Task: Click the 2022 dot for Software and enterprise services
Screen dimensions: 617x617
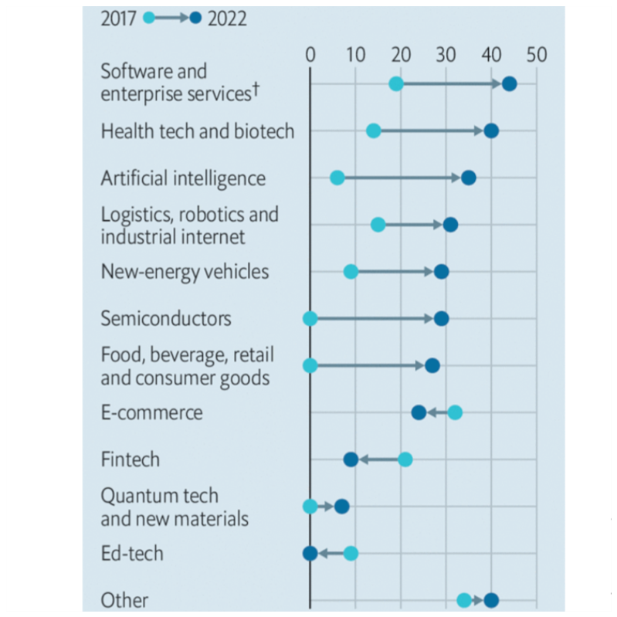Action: [x=509, y=83]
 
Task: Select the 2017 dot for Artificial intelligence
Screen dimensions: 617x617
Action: [x=337, y=178]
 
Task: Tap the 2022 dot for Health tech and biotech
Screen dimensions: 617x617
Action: [x=491, y=131]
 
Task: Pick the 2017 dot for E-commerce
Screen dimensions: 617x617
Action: [x=455, y=412]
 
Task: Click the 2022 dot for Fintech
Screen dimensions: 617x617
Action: [x=351, y=459]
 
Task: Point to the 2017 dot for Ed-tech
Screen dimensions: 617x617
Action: [x=351, y=553]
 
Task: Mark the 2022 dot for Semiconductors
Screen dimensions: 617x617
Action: [x=441, y=318]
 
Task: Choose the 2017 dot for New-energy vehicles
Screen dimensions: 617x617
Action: [x=351, y=272]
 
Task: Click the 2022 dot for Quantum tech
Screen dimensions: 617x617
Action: [x=341, y=507]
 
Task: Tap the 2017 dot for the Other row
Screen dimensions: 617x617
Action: [x=464, y=600]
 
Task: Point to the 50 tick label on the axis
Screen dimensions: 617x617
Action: [x=536, y=55]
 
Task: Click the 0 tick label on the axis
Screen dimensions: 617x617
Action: [x=310, y=55]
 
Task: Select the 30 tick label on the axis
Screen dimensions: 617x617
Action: [x=446, y=55]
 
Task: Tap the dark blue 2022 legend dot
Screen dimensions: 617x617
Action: [x=195, y=18]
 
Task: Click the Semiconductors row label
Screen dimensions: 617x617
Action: [x=166, y=318]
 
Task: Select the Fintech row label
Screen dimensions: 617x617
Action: [x=130, y=459]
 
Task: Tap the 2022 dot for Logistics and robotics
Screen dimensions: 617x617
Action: [x=450, y=225]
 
